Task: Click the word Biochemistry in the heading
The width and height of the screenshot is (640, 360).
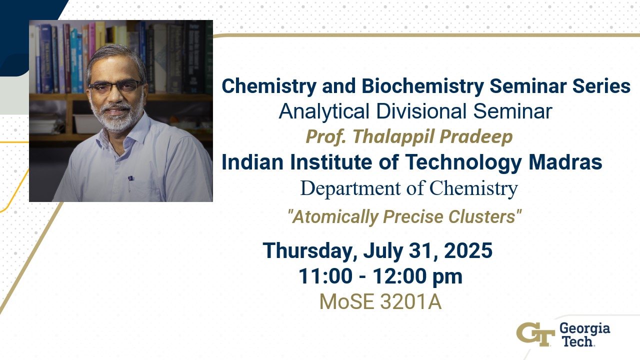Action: pyautogui.click(x=423, y=86)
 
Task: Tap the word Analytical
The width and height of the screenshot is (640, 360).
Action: pyautogui.click(x=324, y=111)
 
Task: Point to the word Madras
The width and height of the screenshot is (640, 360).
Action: pyautogui.click(x=565, y=162)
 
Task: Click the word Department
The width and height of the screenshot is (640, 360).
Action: pyautogui.click(x=350, y=188)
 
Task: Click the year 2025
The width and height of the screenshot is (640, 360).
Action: pyautogui.click(x=468, y=250)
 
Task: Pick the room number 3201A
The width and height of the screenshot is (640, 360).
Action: pyautogui.click(x=411, y=301)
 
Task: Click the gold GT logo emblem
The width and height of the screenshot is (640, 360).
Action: pyautogui.click(x=535, y=334)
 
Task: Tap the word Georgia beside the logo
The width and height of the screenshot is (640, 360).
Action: pyautogui.click(x=584, y=329)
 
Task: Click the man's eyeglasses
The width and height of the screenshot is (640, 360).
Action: pyautogui.click(x=115, y=86)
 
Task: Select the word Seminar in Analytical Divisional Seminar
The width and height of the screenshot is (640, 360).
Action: pyautogui.click(x=512, y=111)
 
